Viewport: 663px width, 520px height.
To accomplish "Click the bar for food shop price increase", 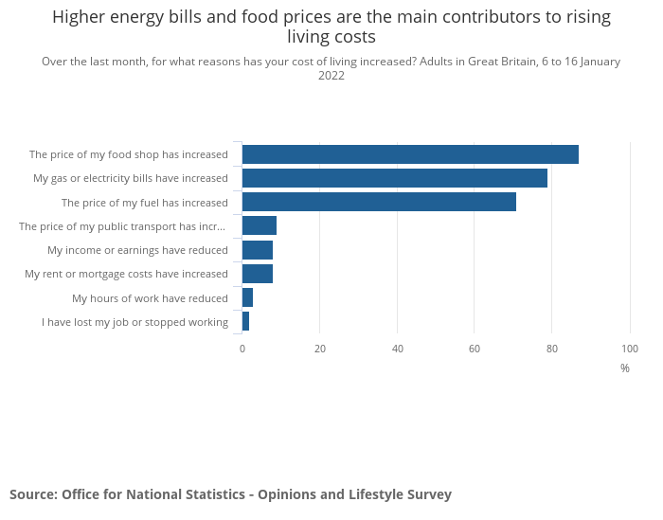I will (x=410, y=154).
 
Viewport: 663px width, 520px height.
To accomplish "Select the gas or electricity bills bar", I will (x=395, y=178).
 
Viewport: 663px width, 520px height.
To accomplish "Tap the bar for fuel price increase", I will (x=379, y=202).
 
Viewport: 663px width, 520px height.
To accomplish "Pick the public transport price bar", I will (x=260, y=225).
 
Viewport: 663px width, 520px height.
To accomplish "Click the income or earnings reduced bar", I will (x=258, y=250).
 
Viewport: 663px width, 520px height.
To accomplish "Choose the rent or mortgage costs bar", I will (x=258, y=274).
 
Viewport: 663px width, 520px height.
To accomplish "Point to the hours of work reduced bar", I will (x=248, y=297).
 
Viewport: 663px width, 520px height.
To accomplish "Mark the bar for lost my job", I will (x=246, y=321).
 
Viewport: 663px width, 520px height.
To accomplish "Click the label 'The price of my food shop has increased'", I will (x=129, y=154).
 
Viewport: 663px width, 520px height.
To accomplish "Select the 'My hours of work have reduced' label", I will (x=150, y=298).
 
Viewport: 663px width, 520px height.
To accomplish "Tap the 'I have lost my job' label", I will (x=134, y=322).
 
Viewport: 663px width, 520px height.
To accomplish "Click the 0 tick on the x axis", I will (x=242, y=349).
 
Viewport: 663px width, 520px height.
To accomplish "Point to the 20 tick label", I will (x=320, y=349).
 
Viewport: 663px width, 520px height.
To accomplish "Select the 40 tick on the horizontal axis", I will (x=398, y=349).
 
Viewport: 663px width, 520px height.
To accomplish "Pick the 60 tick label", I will (x=475, y=349).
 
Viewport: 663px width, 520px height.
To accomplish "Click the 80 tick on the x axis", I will (x=552, y=349).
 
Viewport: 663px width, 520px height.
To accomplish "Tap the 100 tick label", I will (x=630, y=349).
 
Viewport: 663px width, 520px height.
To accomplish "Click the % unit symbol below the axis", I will (x=625, y=368).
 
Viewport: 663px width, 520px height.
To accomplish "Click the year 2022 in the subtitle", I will (x=331, y=76).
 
